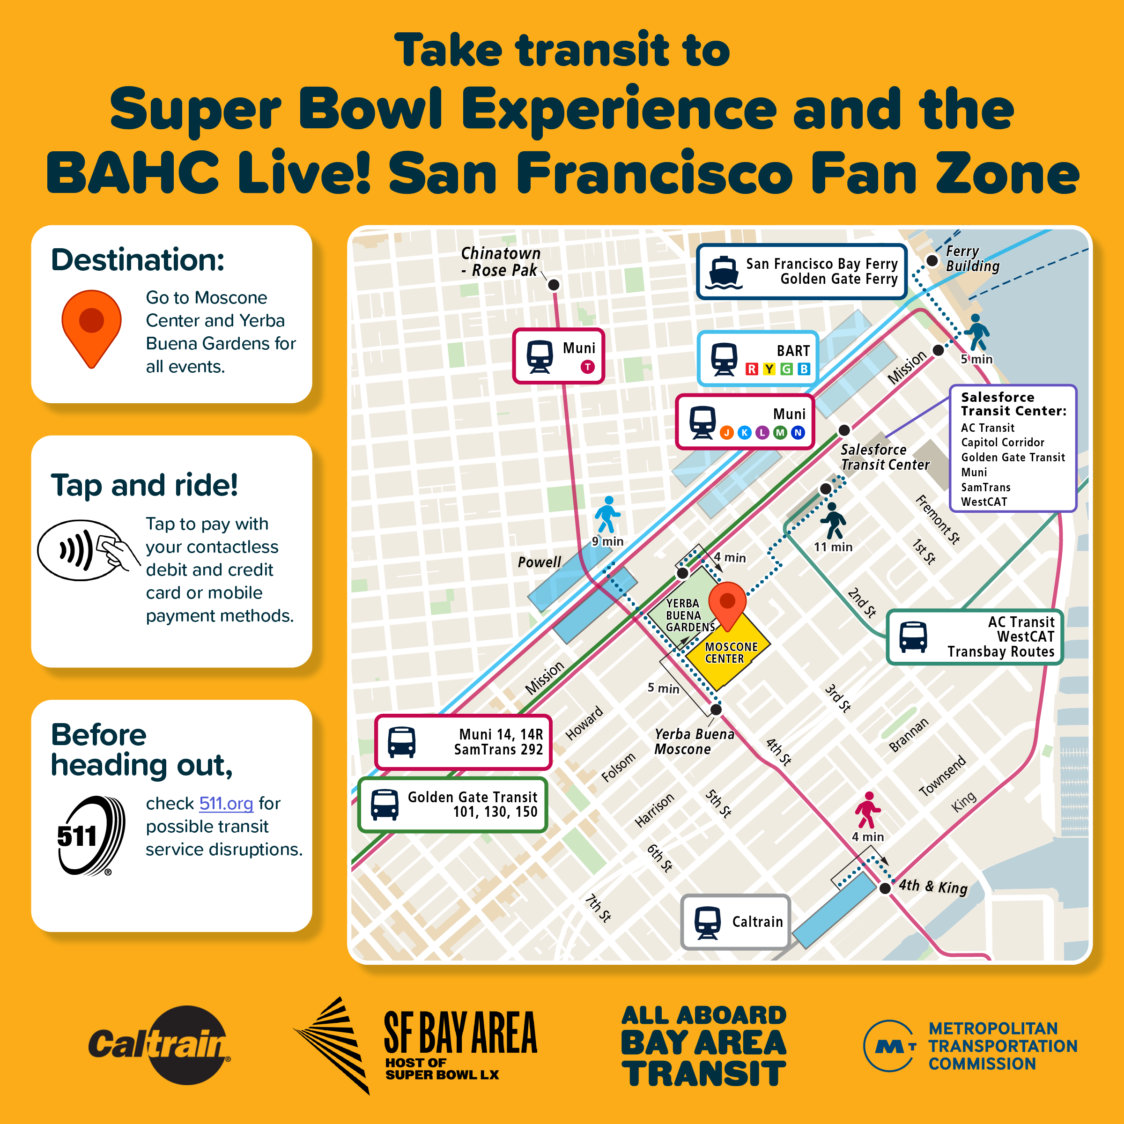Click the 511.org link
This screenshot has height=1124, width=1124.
tap(226, 804)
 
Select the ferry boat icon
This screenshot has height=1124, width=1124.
tap(724, 272)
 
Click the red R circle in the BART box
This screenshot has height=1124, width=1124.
tap(752, 369)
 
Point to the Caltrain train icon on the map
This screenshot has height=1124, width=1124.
tap(708, 923)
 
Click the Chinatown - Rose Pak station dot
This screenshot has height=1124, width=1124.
tap(554, 284)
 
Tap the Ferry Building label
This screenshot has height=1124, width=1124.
tap(972, 259)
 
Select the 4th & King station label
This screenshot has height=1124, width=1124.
tap(933, 887)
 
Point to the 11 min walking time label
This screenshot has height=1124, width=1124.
tap(833, 547)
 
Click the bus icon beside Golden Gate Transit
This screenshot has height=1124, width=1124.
tap(385, 805)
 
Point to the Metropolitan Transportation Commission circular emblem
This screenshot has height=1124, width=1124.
tap(889, 1045)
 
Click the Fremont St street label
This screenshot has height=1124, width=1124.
tap(938, 519)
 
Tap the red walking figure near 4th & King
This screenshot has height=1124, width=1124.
tap(867, 809)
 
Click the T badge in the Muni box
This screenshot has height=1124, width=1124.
tap(588, 367)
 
